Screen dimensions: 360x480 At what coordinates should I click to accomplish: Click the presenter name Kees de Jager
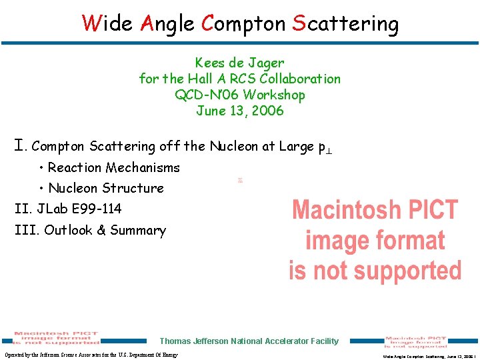pyautogui.click(x=240, y=63)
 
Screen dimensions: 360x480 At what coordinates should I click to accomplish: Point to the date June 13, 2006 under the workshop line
pyautogui.click(x=240, y=111)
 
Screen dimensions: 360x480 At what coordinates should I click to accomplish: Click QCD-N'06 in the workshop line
pyautogui.click(x=207, y=95)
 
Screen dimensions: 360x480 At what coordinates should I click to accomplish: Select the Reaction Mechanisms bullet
pyautogui.click(x=113, y=167)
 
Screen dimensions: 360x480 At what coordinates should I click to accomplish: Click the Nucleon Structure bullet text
pyautogui.click(x=105, y=188)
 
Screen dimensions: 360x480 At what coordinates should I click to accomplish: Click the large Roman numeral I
pyautogui.click(x=20, y=145)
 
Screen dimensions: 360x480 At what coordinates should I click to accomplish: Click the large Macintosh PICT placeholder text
pyautogui.click(x=375, y=240)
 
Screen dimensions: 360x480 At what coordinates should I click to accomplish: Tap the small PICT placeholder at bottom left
pyautogui.click(x=57, y=339)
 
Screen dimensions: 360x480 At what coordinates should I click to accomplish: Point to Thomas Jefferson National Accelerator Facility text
pyautogui.click(x=249, y=341)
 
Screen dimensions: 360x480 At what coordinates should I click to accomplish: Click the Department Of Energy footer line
pyautogui.click(x=91, y=355)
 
